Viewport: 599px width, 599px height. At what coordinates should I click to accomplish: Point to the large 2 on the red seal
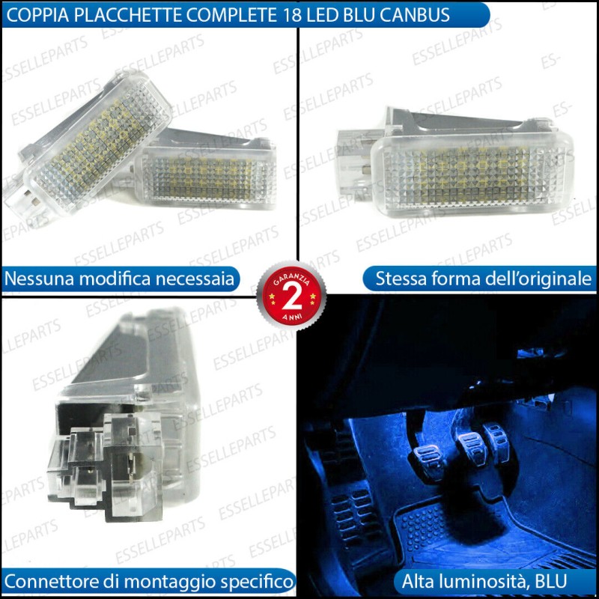(x=292, y=297)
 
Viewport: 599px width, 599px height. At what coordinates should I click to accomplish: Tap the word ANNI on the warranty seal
(x=292, y=317)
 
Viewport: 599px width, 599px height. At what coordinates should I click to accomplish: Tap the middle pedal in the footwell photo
(x=472, y=447)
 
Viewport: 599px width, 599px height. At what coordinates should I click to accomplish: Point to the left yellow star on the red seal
(x=272, y=297)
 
